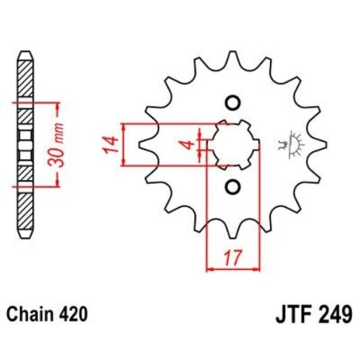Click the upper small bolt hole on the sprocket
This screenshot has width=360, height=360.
pos(233,103)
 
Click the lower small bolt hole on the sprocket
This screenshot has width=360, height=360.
pos(233,186)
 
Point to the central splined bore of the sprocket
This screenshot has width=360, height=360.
pos(231,144)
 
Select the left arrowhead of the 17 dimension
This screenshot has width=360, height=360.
pos(209,269)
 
